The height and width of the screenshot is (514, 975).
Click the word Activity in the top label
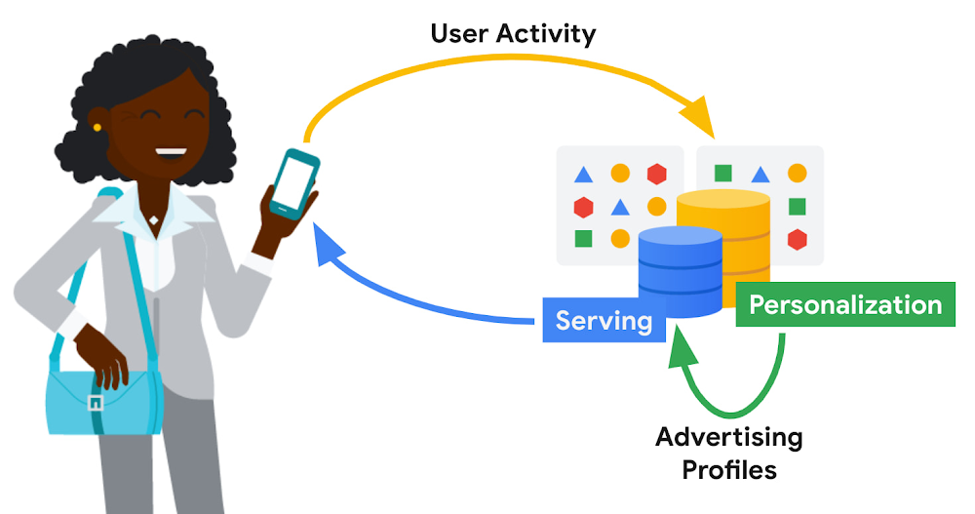(550, 34)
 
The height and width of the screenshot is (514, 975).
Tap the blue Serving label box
(604, 321)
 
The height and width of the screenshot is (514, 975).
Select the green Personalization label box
(844, 305)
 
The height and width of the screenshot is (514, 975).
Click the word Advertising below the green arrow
(728, 437)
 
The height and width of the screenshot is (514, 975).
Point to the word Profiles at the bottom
(728, 470)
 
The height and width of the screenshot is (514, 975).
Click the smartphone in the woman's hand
(293, 182)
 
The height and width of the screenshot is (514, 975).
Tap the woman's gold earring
(97, 127)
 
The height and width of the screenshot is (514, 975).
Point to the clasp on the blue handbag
(95, 402)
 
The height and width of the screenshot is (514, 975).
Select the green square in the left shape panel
(583, 238)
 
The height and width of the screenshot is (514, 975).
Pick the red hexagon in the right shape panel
(797, 238)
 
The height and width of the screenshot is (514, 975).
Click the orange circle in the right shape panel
(797, 175)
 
